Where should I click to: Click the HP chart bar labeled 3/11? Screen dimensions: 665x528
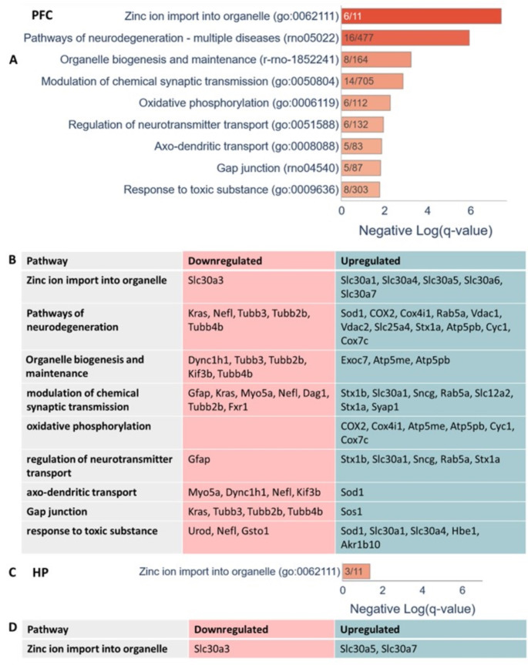point(356,570)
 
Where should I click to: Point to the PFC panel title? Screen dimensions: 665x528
point(43,15)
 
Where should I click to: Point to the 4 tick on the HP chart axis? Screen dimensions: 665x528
point(422,589)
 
